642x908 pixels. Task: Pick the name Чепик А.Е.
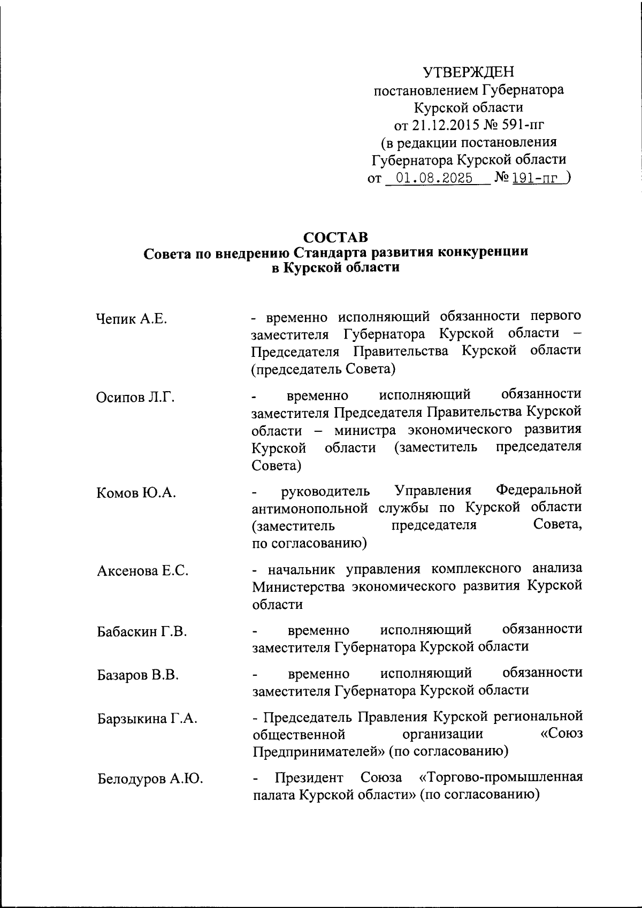pyautogui.click(x=132, y=320)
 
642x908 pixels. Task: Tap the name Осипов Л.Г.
pyautogui.click(x=136, y=398)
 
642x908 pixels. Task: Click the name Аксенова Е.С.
pyautogui.click(x=143, y=571)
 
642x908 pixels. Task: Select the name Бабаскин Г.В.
pyautogui.click(x=142, y=632)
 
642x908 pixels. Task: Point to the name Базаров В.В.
pyautogui.click(x=137, y=675)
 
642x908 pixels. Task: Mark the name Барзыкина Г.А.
pyautogui.click(x=147, y=719)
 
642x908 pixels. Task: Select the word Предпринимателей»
pyautogui.click(x=319, y=751)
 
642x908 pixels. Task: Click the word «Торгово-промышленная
pyautogui.click(x=499, y=776)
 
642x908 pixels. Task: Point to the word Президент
pyautogui.click(x=312, y=776)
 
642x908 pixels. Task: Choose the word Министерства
pyautogui.click(x=299, y=586)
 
